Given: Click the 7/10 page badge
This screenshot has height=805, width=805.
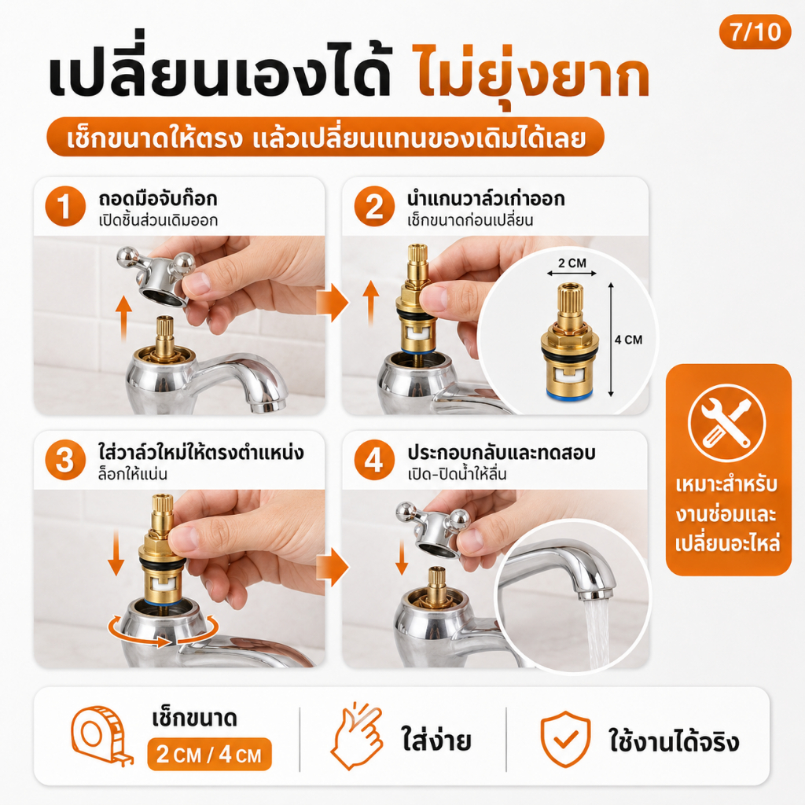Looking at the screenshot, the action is [755, 31].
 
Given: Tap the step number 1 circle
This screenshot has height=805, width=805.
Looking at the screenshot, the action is [65, 207].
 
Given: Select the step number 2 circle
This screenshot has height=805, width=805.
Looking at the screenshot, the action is [374, 207].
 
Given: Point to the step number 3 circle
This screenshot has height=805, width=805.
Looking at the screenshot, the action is [65, 460].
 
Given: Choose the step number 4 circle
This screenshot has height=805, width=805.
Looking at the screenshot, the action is [374, 460].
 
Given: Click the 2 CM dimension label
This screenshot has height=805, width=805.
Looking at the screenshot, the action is [572, 263].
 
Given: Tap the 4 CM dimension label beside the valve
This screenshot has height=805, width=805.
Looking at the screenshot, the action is [628, 340].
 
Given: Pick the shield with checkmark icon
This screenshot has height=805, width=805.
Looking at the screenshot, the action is [565, 739].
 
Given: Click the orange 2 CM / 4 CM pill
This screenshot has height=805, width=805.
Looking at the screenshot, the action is [209, 754].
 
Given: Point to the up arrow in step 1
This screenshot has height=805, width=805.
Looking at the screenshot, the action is [123, 319].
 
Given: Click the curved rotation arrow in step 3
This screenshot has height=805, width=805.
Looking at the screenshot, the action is [163, 631].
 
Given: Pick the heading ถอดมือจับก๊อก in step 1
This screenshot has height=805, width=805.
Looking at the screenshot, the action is [157, 198].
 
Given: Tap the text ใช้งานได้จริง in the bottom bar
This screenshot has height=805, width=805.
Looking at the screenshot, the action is [674, 741].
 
